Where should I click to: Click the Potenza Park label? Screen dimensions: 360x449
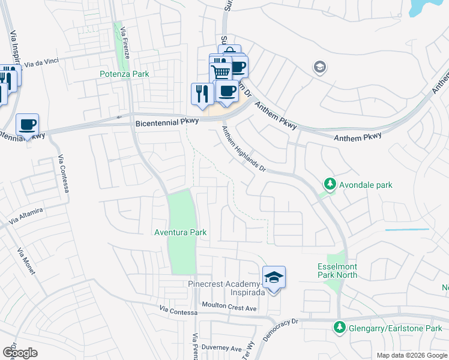click(x=124, y=74)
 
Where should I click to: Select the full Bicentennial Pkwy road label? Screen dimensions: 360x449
click(x=165, y=122)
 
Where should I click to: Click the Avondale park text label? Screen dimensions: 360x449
click(x=365, y=185)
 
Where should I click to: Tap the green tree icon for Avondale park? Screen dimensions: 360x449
click(x=328, y=184)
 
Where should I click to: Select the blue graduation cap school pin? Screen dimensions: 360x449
click(x=274, y=278)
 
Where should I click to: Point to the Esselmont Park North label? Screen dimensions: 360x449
click(x=337, y=271)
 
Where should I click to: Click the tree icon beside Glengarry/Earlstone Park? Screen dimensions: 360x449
click(x=340, y=328)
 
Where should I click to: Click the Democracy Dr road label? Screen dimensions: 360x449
click(x=281, y=330)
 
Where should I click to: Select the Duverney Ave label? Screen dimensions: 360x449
click(x=221, y=348)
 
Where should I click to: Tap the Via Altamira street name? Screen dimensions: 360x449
click(x=26, y=216)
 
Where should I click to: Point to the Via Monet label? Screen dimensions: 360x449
click(x=27, y=262)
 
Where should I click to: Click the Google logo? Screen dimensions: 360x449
click(x=20, y=353)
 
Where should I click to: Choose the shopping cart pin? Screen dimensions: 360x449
click(x=220, y=71)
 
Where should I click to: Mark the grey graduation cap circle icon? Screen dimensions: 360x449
click(x=320, y=67)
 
